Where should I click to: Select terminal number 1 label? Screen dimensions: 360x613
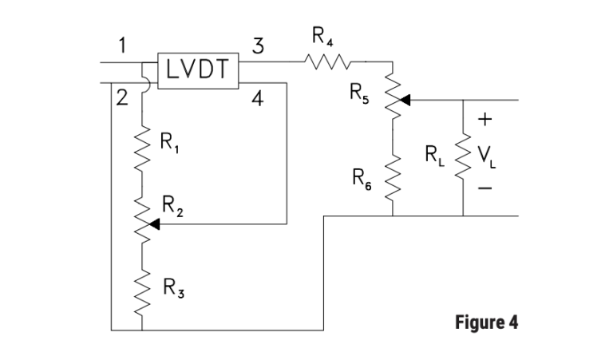tap(121, 45)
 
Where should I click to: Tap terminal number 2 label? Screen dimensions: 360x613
tap(121, 99)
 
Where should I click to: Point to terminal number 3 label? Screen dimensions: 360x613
tap(257, 45)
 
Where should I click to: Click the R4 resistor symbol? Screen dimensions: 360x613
tap(326, 61)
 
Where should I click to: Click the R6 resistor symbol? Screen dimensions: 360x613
tap(392, 176)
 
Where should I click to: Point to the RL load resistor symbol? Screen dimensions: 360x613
tap(463, 156)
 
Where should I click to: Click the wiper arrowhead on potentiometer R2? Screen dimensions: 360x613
tap(155, 225)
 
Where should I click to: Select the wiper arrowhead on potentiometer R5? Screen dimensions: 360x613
tap(404, 100)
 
